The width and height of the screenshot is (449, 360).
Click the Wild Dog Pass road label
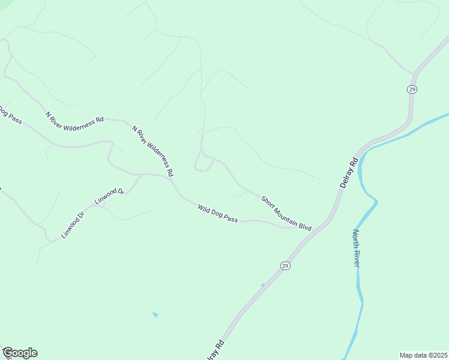[218, 214]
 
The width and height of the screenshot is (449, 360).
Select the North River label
[355, 248]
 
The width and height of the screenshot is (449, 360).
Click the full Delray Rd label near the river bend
[348, 172]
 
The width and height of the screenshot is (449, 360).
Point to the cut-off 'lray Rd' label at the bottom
[217, 350]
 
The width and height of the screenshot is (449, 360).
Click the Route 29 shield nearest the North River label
[285, 265]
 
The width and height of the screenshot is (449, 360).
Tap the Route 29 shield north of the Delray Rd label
[412, 89]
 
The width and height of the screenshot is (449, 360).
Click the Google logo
[19, 353]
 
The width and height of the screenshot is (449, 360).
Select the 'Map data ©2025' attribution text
[423, 355]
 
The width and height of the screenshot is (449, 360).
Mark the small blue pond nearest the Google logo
[155, 314]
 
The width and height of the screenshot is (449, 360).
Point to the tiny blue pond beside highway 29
[262, 284]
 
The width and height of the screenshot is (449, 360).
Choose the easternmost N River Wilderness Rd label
[152, 151]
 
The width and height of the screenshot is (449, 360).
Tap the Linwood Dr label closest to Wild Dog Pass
[109, 196]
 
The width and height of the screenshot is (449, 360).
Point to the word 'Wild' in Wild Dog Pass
[204, 208]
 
